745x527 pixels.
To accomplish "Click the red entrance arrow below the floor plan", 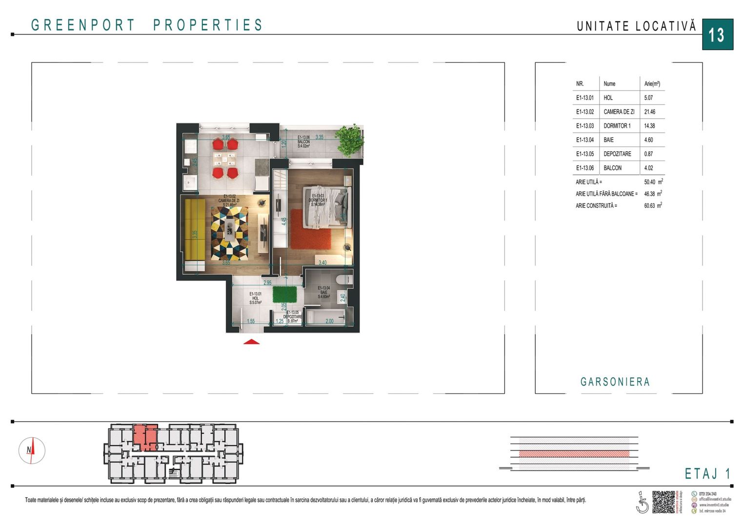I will tap(251, 342).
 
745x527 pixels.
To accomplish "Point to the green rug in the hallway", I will tap(284, 295).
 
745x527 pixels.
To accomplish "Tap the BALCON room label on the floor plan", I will tap(303, 142).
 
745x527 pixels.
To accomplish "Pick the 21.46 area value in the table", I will tap(649, 112).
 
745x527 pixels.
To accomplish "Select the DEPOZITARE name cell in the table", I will tap(617, 154).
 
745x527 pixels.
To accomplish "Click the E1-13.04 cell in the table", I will tap(585, 140).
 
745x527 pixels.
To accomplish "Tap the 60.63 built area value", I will tap(649, 206).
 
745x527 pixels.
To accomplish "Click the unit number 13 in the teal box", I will tap(717, 35).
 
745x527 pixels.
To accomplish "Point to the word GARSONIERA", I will tap(615, 382).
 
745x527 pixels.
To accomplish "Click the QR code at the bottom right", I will tap(663, 502).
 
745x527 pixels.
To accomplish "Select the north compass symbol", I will tap(32, 450).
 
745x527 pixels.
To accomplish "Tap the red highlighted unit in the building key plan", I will tap(145, 436).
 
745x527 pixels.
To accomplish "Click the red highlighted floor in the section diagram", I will tap(574, 453).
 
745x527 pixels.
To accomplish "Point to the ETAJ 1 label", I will tap(707, 473).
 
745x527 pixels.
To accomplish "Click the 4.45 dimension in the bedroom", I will tap(284, 221).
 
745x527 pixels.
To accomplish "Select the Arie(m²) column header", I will tap(652, 84).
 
